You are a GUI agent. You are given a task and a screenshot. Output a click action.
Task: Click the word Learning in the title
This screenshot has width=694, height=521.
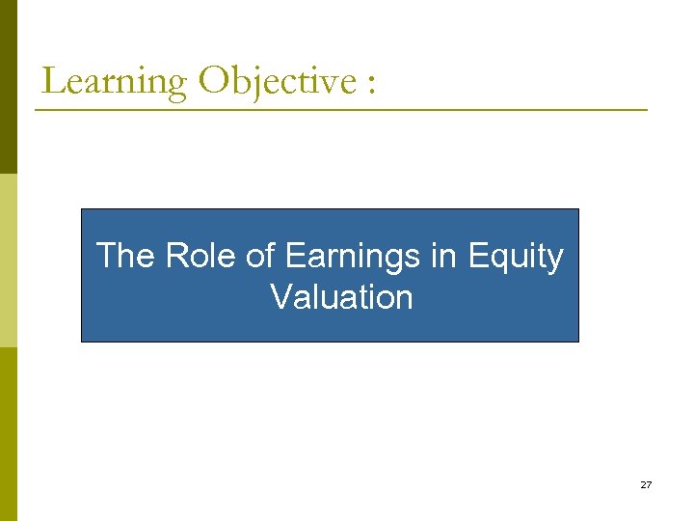[x=115, y=81]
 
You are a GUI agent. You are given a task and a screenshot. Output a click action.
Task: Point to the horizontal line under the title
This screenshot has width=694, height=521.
[x=341, y=110]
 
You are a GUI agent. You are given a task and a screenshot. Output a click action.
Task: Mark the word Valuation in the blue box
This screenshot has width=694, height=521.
[x=341, y=297]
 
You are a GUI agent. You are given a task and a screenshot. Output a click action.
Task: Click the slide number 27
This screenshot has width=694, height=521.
[x=645, y=484]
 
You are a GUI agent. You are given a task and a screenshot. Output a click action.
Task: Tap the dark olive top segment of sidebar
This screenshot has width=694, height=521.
[x=8, y=87]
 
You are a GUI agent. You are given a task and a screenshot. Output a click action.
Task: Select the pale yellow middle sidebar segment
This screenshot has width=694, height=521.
[x=8, y=260]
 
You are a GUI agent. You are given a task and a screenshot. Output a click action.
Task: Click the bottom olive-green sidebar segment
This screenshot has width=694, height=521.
[x=8, y=434]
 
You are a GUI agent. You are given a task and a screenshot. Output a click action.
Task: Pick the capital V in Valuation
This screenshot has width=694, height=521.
[x=281, y=297]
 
